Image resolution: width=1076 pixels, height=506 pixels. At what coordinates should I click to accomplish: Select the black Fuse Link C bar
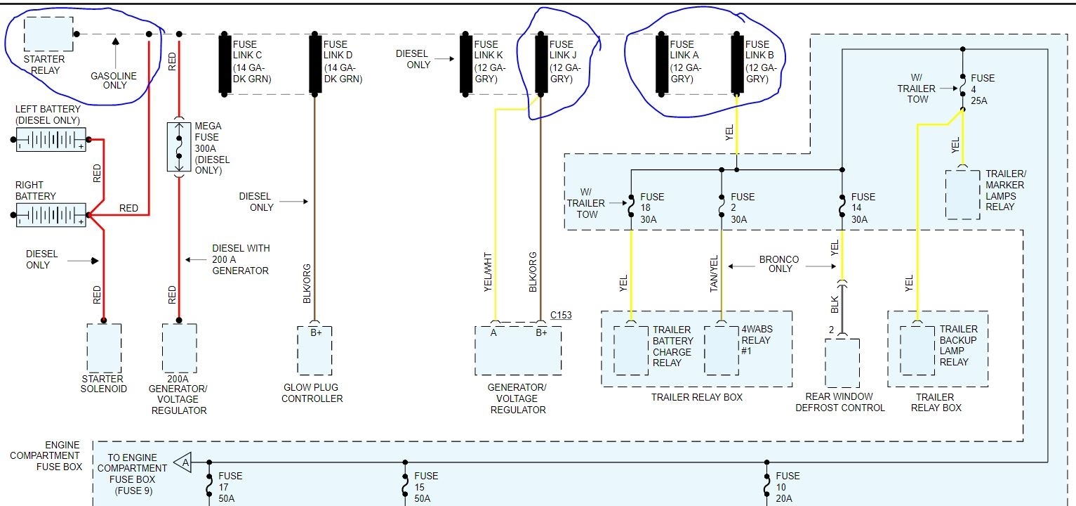(x=225, y=63)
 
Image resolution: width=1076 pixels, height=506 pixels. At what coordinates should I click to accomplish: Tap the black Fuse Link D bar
(x=314, y=63)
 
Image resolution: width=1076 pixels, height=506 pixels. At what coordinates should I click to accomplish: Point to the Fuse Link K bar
(x=465, y=63)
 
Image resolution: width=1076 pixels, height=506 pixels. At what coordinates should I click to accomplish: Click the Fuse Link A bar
(x=661, y=63)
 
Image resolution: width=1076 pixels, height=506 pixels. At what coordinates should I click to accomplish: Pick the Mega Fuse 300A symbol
(x=179, y=147)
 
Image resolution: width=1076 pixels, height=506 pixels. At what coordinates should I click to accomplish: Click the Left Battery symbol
(x=51, y=140)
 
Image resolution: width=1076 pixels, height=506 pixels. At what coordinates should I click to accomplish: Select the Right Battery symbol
(x=51, y=215)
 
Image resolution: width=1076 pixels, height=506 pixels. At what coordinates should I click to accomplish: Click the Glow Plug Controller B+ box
(x=314, y=349)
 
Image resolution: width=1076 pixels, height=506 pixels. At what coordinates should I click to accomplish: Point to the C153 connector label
(x=560, y=315)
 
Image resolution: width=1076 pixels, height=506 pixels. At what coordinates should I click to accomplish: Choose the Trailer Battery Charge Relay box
(x=631, y=349)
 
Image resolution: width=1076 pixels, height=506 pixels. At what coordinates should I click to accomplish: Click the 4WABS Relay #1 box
(x=721, y=349)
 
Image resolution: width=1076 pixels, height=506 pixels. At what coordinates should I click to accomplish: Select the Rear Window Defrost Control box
(x=842, y=363)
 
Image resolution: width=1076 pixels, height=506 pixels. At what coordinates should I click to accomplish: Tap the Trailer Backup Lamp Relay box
(x=917, y=349)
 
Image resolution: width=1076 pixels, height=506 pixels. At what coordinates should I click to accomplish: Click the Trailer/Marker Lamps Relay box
(x=962, y=193)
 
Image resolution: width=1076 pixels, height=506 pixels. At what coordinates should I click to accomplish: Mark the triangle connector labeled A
(x=183, y=462)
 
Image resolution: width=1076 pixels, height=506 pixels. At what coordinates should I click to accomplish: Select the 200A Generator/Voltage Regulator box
(x=179, y=349)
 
